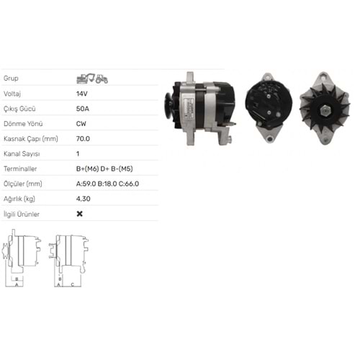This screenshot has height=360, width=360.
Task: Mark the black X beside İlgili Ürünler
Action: (x=79, y=213)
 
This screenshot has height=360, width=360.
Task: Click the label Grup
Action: (x=10, y=78)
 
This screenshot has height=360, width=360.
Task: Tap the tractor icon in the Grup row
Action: (x=102, y=78)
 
